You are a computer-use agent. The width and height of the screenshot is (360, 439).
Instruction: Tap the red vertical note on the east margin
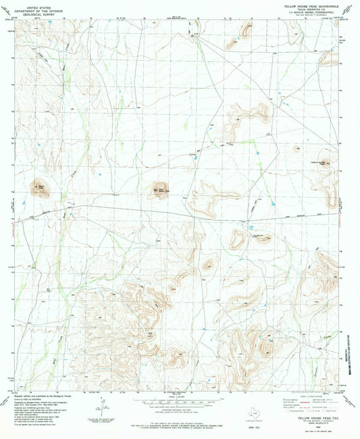pos(349,203)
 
